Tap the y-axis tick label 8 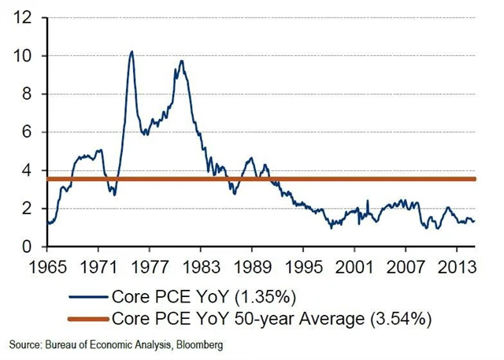28,95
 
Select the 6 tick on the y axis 28,132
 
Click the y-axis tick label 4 28,171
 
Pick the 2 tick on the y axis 28,209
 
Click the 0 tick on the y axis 28,247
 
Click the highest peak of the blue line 132,52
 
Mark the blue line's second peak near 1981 182,61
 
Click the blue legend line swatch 89,298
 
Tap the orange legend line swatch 89,320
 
